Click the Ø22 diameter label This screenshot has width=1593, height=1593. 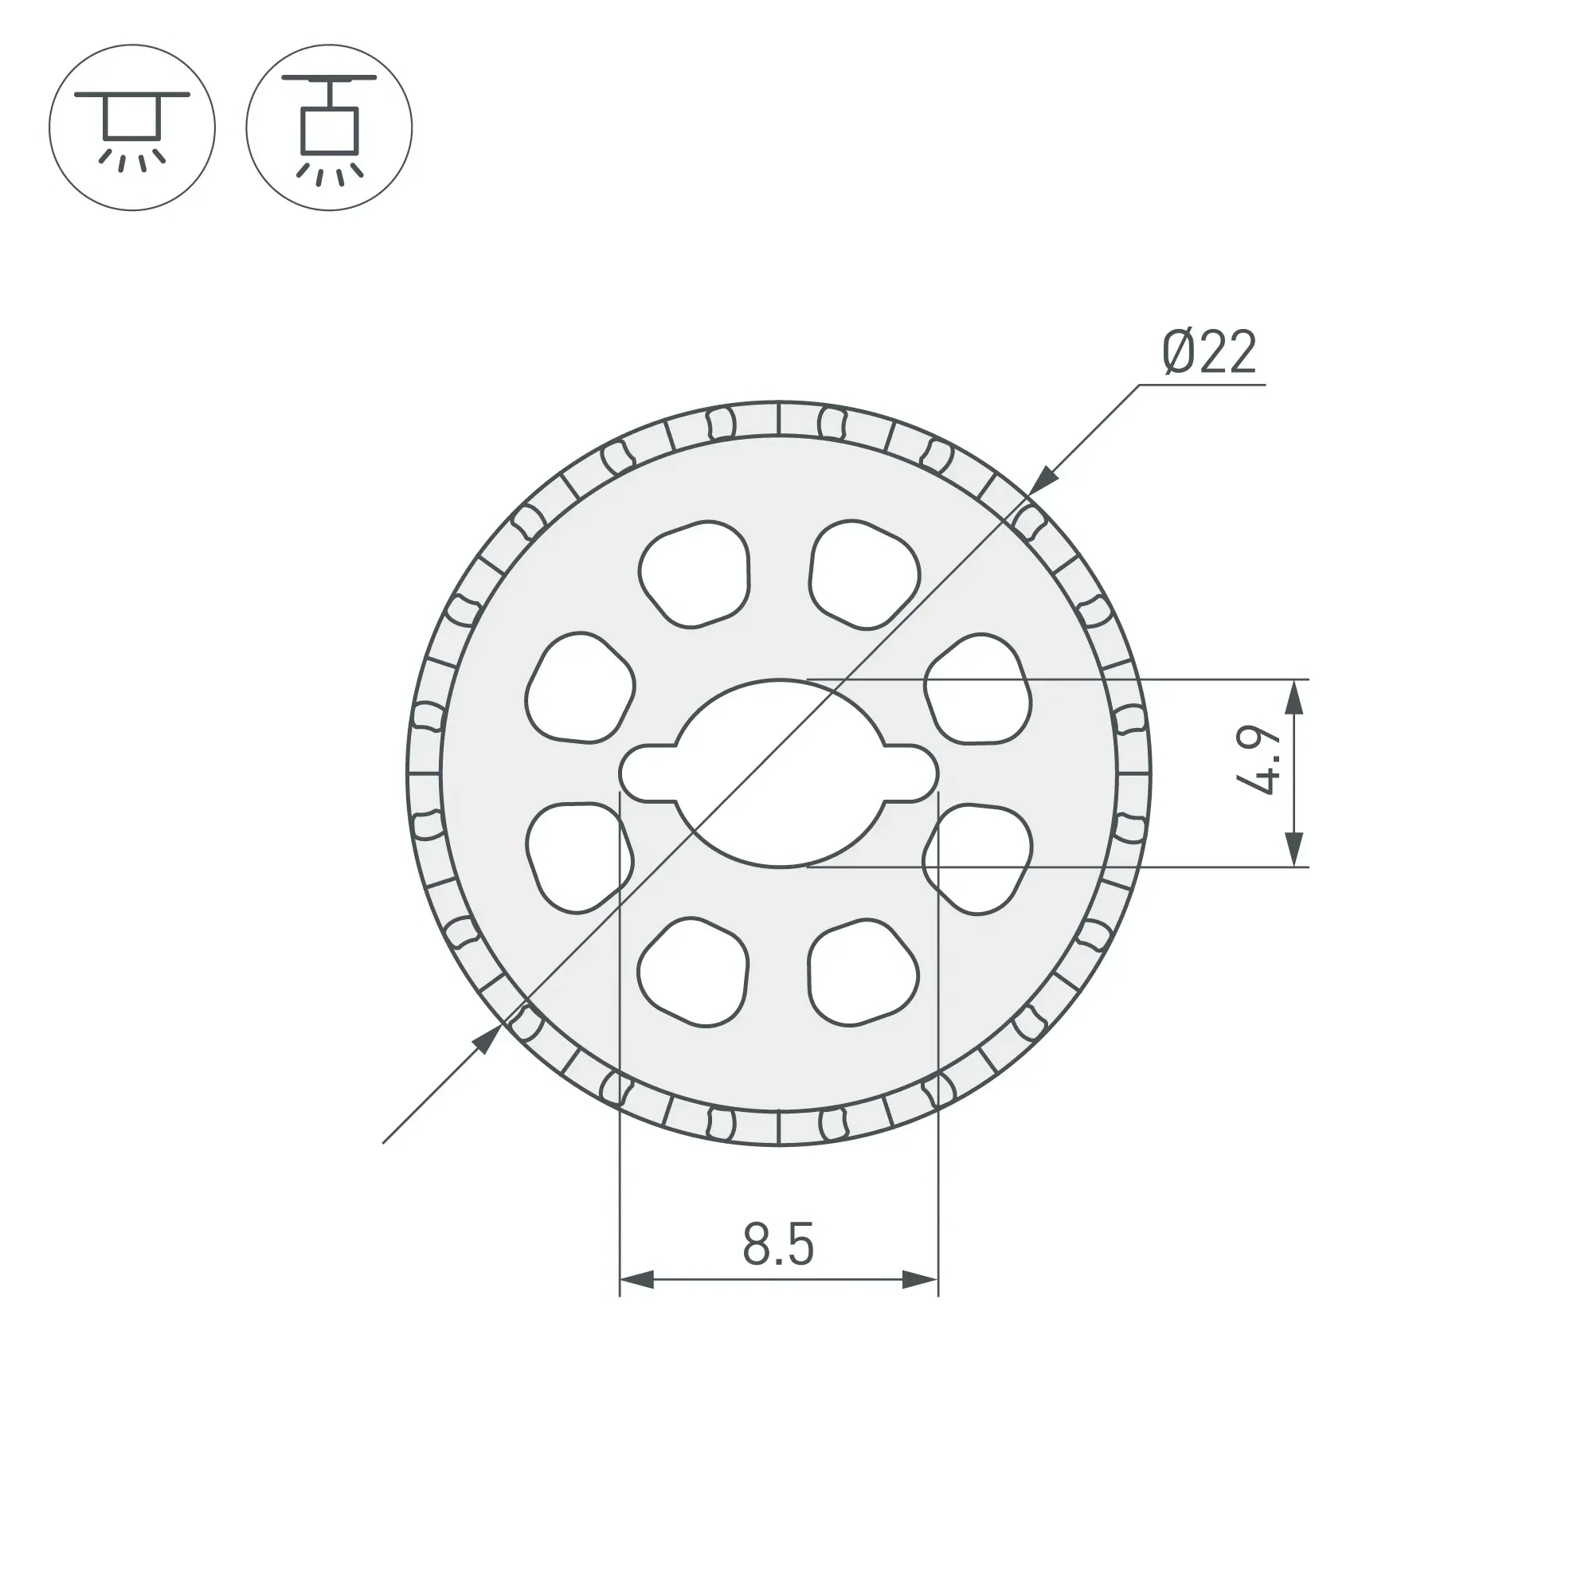[1209, 352]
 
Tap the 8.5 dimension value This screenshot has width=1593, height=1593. [777, 1244]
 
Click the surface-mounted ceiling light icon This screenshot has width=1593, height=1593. [132, 127]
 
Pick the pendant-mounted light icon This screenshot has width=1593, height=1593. [329, 127]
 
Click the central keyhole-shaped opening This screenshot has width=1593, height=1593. [779, 773]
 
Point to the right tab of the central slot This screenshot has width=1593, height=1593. [910, 773]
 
